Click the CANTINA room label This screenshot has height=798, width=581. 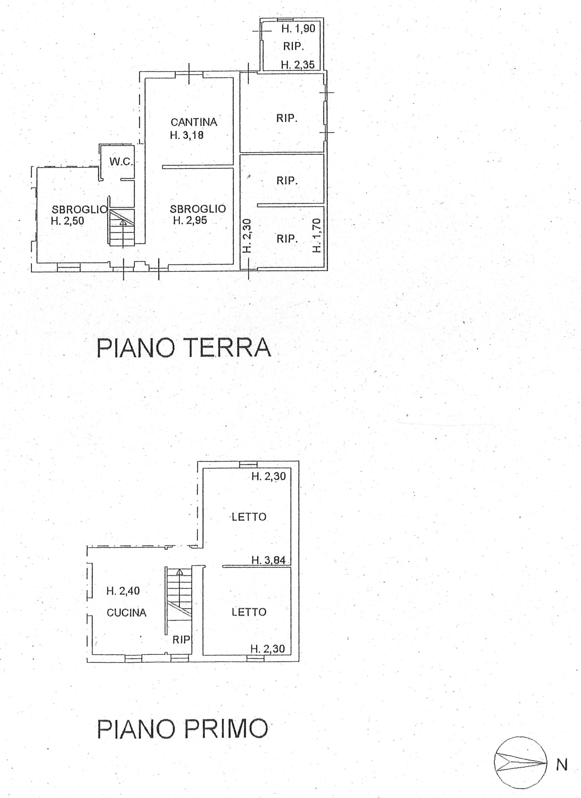194,122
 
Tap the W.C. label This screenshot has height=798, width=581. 121,162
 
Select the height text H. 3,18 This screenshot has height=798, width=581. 187,135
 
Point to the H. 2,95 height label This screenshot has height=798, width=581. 190,221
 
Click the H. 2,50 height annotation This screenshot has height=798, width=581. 67,221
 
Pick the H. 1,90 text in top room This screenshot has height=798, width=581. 298,29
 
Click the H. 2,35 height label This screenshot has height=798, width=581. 298,65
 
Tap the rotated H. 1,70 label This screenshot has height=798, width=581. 317,235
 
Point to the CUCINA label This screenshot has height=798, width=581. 126,612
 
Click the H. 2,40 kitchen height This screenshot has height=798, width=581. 123,591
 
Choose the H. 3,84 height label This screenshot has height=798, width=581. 269,560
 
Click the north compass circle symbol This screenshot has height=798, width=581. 521,763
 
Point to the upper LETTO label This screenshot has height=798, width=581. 249,517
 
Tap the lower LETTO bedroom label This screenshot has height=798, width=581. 249,612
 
